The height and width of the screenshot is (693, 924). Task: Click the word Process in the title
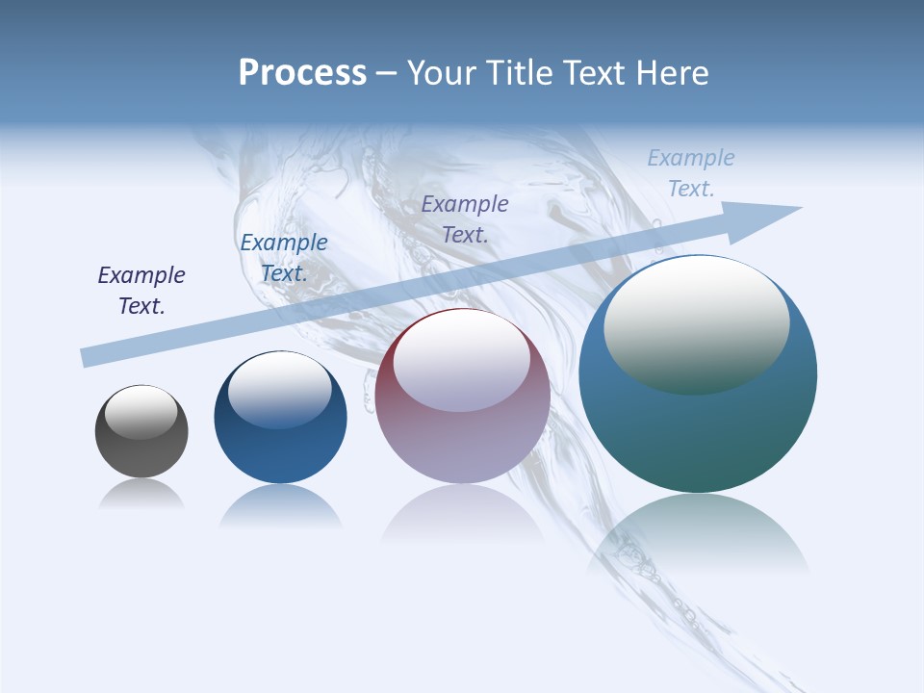click(x=302, y=73)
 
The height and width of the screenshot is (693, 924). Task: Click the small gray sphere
click(x=141, y=431)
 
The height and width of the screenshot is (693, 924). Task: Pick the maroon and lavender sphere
click(x=463, y=396)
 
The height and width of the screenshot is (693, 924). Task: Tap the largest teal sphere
click(x=698, y=373)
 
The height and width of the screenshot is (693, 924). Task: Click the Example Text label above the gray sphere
click(x=141, y=290)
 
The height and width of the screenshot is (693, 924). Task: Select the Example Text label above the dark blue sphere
click(x=284, y=258)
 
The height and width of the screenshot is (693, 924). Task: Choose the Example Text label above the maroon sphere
click(x=465, y=218)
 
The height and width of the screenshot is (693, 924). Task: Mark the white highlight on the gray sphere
click(x=141, y=411)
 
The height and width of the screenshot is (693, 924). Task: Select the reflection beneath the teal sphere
click(x=698, y=534)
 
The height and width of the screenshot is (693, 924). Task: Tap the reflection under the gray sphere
click(x=141, y=495)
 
